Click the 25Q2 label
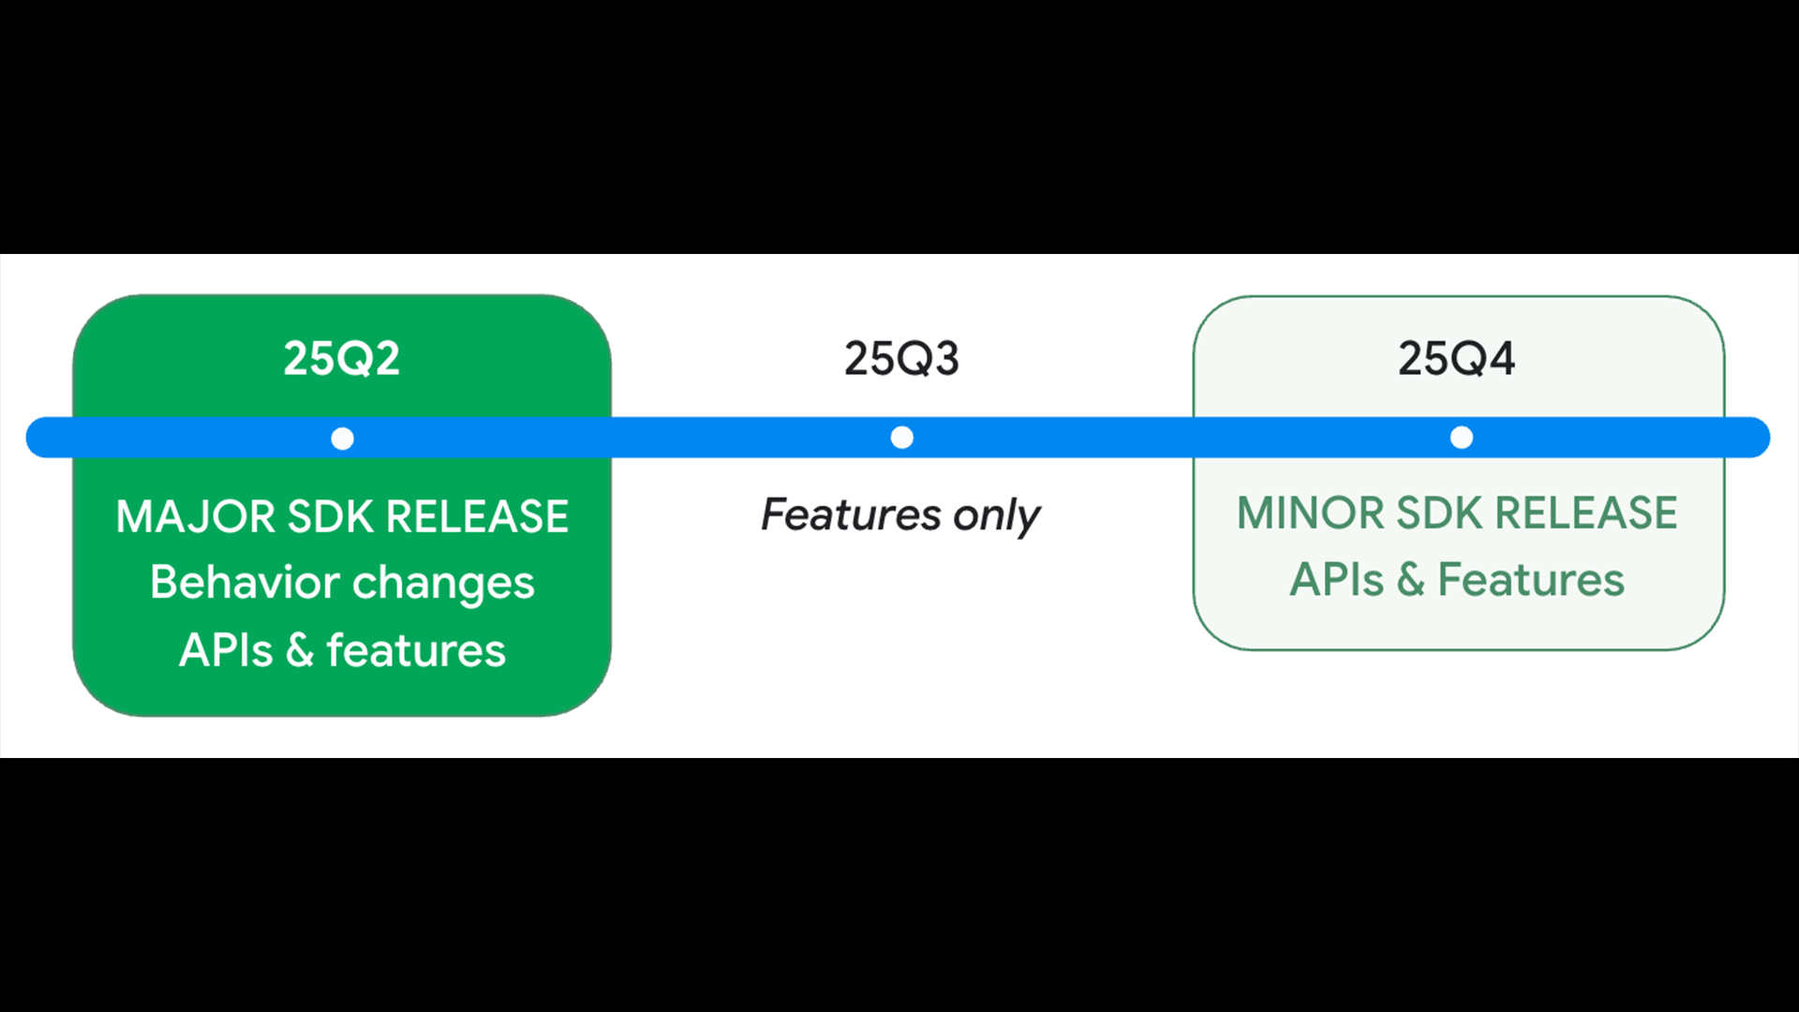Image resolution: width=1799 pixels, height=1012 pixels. (x=342, y=358)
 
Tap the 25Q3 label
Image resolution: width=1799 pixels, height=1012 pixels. (x=901, y=358)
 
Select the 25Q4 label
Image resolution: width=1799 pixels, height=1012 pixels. (x=1457, y=358)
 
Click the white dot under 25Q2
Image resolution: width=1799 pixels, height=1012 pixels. (x=343, y=439)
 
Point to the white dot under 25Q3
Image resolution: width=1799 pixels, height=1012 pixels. (x=902, y=438)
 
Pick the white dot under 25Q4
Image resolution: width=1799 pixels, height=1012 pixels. (x=1462, y=438)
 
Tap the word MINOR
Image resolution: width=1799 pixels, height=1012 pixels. (x=1310, y=513)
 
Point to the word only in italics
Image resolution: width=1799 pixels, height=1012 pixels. (x=997, y=516)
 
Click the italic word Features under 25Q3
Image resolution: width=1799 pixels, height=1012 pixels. (x=851, y=513)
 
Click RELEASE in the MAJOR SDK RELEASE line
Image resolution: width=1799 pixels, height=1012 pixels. (x=478, y=516)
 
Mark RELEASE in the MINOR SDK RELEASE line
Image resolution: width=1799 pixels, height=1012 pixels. (x=1585, y=513)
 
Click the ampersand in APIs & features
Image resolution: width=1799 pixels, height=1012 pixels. (x=300, y=650)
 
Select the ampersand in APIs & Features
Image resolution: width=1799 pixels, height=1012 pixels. (x=1411, y=579)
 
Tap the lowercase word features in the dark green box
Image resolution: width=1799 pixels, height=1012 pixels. (x=416, y=650)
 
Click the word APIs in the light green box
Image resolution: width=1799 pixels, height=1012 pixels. (x=1337, y=579)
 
